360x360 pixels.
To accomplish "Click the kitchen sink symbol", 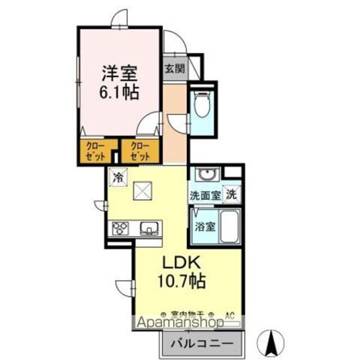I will [149, 228].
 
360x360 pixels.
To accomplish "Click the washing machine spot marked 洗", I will [231, 195].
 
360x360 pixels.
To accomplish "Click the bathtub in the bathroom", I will [228, 226].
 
